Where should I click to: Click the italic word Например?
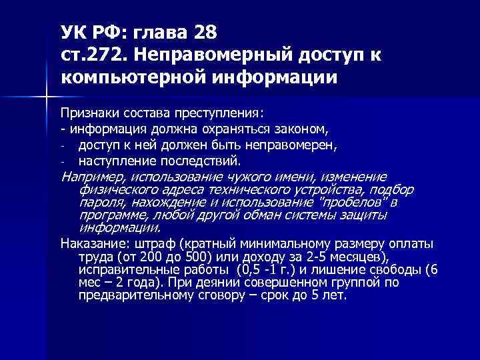[x=93, y=177]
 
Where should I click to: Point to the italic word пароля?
[x=97, y=202]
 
